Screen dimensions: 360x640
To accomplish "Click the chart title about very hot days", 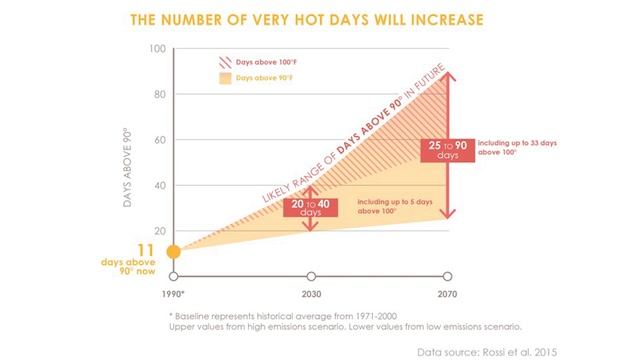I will [321, 17].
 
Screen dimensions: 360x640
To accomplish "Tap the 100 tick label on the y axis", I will [155, 49].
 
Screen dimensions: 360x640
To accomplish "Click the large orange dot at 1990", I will [174, 251].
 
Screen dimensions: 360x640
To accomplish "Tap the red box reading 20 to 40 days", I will [310, 209].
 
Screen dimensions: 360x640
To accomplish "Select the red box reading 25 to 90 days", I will [446, 151].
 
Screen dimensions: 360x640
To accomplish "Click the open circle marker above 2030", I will [311, 276].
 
